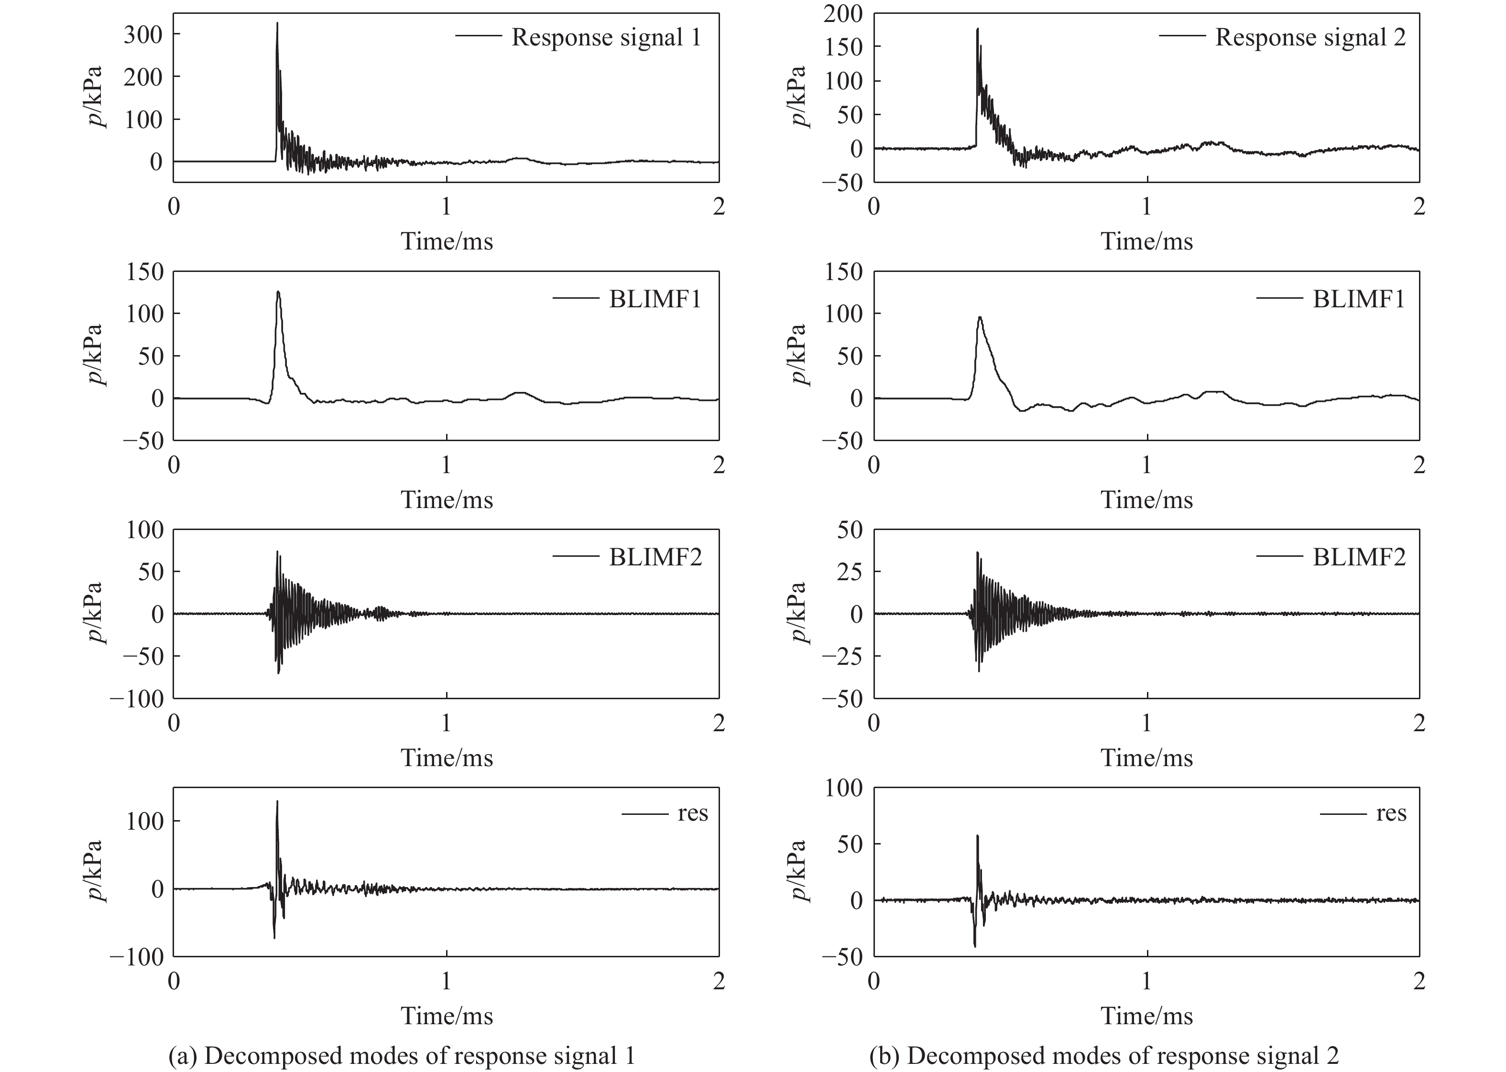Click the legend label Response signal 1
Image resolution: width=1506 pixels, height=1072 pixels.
coord(605,38)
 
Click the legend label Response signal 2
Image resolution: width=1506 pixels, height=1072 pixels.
coord(1310,38)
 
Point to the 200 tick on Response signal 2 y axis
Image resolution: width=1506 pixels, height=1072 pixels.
coord(842,14)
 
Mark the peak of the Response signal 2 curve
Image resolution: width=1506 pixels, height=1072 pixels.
coord(977,29)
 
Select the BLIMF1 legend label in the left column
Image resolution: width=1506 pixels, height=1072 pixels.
coord(655,299)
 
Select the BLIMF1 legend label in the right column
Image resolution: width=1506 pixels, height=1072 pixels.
coord(1358,299)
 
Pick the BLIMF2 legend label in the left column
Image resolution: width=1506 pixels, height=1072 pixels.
coord(655,557)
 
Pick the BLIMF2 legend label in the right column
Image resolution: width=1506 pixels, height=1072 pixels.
coord(1358,557)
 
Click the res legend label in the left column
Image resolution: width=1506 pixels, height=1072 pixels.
coord(692,814)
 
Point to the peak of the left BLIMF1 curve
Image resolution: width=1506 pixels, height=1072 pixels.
coord(278,292)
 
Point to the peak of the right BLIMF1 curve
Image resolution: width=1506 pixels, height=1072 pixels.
coord(980,317)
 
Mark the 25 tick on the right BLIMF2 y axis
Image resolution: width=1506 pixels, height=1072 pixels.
coord(849,572)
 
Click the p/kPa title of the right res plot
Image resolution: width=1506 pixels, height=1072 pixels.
coord(799,871)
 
